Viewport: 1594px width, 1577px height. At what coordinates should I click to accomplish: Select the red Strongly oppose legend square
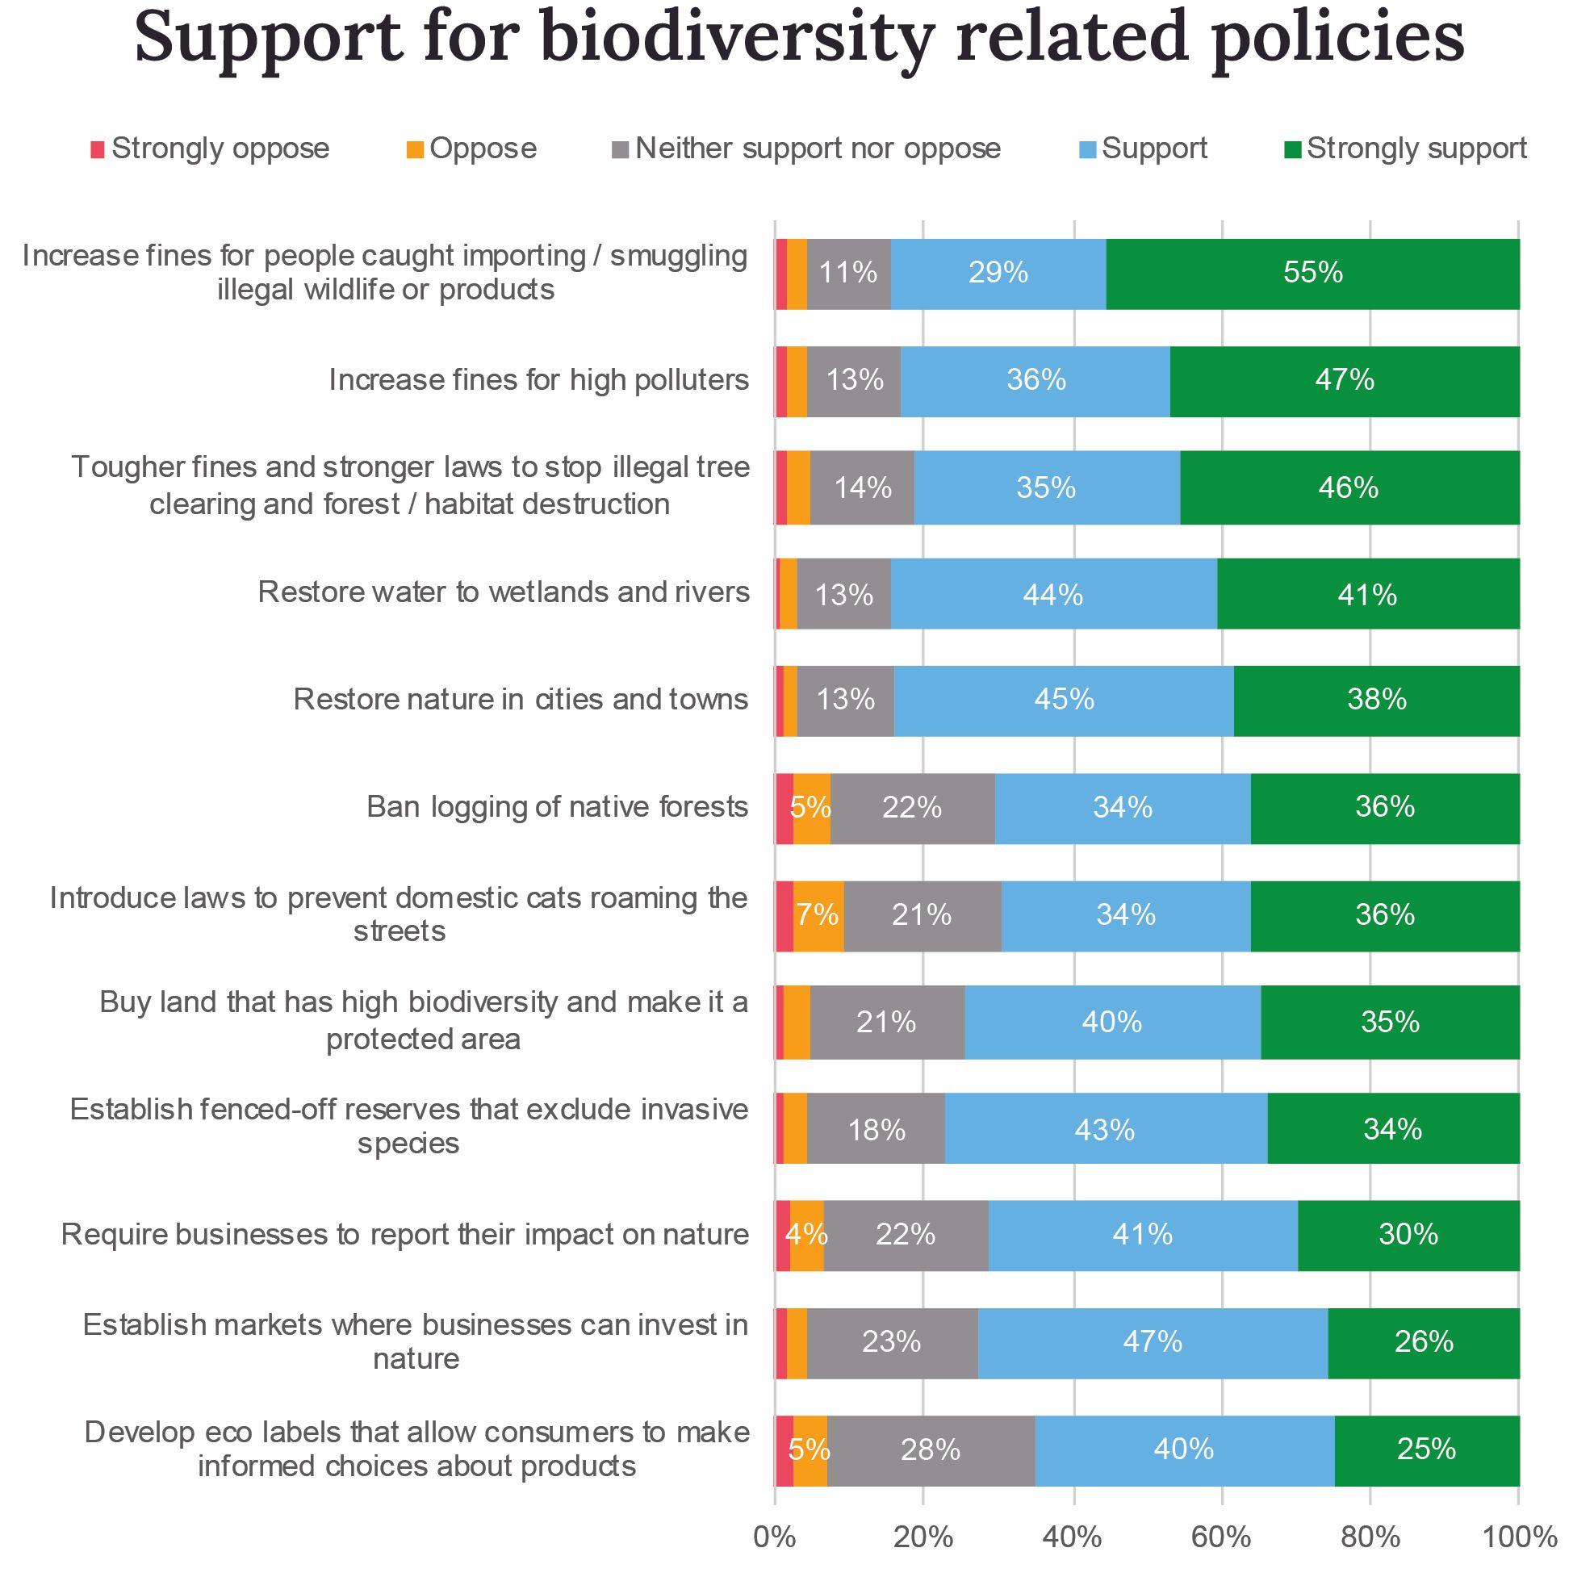pyautogui.click(x=98, y=150)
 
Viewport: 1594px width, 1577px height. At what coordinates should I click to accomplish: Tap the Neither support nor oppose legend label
pyautogui.click(x=818, y=148)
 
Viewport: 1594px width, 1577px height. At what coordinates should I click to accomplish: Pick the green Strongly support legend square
pyautogui.click(x=1293, y=150)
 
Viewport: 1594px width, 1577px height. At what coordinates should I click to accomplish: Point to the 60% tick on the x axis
pyautogui.click(x=1221, y=1536)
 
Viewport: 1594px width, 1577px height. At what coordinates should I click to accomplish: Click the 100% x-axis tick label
pyautogui.click(x=1519, y=1536)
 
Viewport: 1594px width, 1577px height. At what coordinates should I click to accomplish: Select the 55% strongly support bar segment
pyautogui.click(x=1312, y=273)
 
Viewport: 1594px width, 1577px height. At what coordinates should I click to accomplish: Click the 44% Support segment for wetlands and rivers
pyautogui.click(x=1052, y=594)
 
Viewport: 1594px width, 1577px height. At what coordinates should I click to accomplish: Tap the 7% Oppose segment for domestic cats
pyautogui.click(x=818, y=915)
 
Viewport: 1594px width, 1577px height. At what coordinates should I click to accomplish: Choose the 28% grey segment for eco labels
pyautogui.click(x=930, y=1450)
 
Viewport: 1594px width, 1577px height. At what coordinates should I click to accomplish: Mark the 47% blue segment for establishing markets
pyautogui.click(x=1152, y=1343)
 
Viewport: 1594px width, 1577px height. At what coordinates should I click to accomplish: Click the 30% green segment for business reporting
pyautogui.click(x=1408, y=1236)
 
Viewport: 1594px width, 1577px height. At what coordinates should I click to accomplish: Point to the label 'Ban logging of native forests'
pyautogui.click(x=557, y=806)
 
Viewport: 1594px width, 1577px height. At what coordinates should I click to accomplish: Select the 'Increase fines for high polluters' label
pyautogui.click(x=539, y=379)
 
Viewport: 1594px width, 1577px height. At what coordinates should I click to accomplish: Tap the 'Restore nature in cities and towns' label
pyautogui.click(x=521, y=700)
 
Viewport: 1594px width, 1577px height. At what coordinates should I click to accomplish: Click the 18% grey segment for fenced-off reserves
pyautogui.click(x=876, y=1129)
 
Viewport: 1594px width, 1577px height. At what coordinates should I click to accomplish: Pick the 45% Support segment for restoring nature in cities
pyautogui.click(x=1064, y=700)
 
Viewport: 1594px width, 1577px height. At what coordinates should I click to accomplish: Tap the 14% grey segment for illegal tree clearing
pyautogui.click(x=862, y=487)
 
